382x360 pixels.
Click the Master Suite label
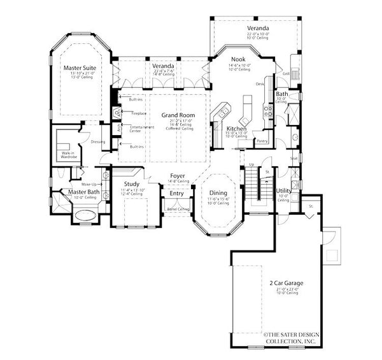[79, 66]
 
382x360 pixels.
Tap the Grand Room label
[164, 115]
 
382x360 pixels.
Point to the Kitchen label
[237, 129]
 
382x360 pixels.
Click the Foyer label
[178, 175]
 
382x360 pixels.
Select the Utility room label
[283, 191]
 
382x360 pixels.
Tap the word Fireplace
[139, 113]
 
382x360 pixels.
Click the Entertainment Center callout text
[139, 129]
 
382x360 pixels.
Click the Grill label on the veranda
[286, 73]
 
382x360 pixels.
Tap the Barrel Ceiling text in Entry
[178, 209]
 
